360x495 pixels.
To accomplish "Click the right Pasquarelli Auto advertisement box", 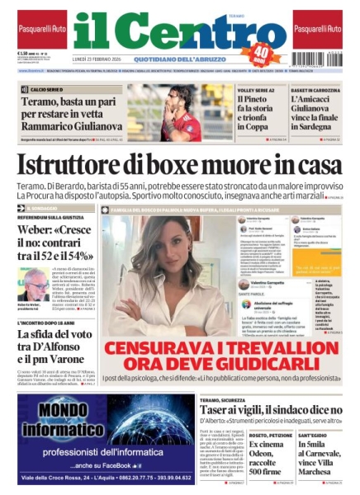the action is (x=317, y=29).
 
